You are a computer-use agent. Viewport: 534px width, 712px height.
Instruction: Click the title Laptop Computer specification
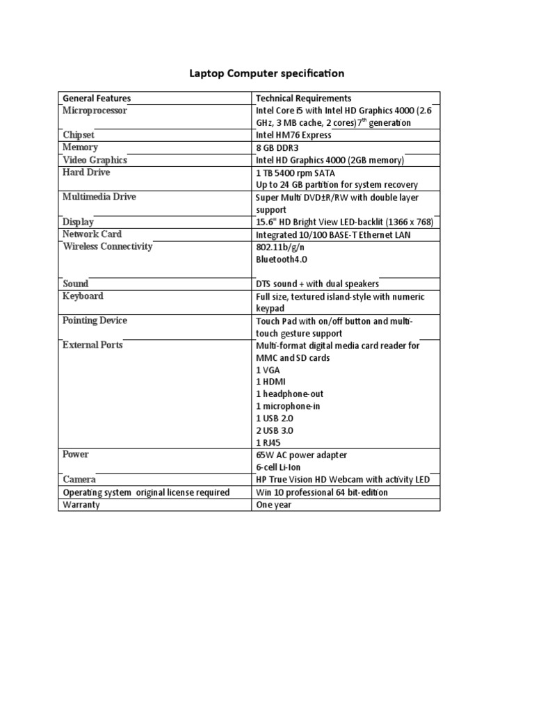tap(267, 73)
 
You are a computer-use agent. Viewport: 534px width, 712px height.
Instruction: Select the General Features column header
tap(97, 98)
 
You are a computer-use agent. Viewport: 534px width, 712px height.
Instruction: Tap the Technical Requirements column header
tap(304, 98)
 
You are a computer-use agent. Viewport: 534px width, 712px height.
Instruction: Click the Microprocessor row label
tap(95, 111)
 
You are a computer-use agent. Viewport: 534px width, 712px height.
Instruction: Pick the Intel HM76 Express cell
tap(294, 136)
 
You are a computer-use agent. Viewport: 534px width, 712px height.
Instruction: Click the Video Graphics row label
tap(95, 160)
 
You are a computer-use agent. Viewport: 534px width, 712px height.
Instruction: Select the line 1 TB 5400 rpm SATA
tap(300, 172)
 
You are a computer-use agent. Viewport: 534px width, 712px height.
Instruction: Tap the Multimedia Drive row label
tap(99, 197)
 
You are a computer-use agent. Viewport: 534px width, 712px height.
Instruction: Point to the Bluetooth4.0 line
tap(282, 259)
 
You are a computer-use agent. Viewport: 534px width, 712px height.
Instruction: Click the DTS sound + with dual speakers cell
tap(318, 284)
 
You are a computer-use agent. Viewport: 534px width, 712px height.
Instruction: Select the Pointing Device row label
tap(95, 321)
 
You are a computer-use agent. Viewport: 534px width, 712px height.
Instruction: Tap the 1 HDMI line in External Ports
tap(271, 382)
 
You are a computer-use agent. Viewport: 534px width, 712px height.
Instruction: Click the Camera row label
tap(79, 480)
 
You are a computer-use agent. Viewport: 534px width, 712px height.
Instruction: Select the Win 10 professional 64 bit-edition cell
tap(322, 492)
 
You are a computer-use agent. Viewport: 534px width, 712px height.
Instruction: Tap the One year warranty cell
tap(274, 505)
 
